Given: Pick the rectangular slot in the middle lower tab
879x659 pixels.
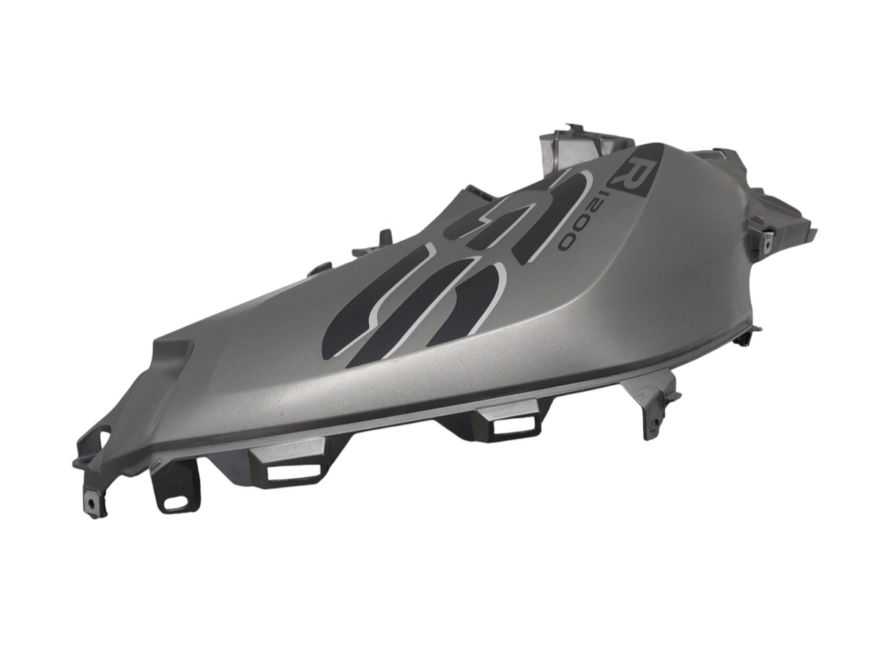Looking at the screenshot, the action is (513, 425).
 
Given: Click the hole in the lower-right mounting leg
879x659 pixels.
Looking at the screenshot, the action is (656, 422).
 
